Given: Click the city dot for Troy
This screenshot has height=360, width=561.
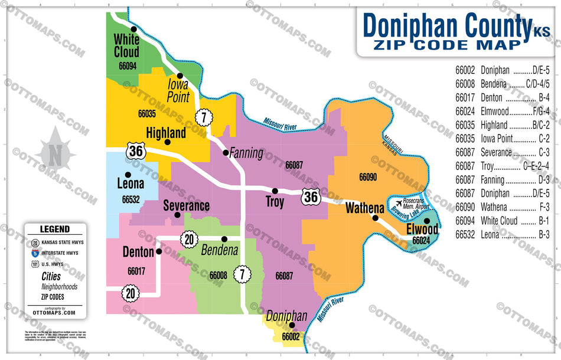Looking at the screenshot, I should tap(275, 191).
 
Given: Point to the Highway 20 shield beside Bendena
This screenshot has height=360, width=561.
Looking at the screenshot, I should tap(189, 239).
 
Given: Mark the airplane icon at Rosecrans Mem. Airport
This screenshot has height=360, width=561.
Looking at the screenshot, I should tap(398, 204).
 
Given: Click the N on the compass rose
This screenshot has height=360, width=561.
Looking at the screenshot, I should tap(54, 155).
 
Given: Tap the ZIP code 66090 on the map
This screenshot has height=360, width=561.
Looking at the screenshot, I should tap(367, 176).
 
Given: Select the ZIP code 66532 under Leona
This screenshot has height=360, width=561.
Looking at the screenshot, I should tap(131, 199).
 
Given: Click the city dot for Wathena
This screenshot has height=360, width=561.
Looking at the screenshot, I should tap(374, 218).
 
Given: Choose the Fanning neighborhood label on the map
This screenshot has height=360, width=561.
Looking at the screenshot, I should tap(246, 153).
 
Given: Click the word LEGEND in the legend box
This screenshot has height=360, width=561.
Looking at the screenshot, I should tap(54, 229).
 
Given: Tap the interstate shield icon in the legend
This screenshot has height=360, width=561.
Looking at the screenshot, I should tap(35, 253).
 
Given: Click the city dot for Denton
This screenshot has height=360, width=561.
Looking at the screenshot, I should tap(159, 251).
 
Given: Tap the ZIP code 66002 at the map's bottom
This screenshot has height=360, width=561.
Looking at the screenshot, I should tap(291, 336).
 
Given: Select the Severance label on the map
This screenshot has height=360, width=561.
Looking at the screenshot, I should tap(186, 206).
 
